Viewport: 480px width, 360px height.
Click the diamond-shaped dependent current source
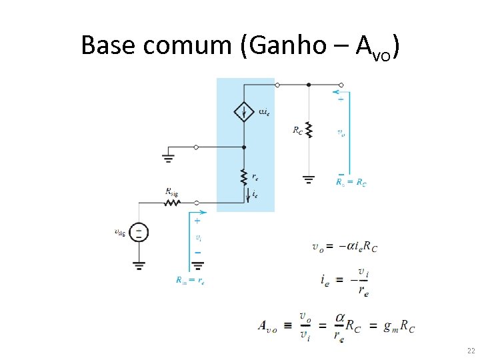(x=244, y=111)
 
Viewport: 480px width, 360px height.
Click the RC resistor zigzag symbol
(x=308, y=129)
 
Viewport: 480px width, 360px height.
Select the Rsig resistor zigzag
(x=173, y=202)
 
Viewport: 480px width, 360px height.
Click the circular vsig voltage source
(x=139, y=232)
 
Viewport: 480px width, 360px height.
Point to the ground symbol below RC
(x=308, y=178)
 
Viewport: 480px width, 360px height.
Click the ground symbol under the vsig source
(x=139, y=265)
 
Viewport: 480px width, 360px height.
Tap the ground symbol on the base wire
(x=168, y=158)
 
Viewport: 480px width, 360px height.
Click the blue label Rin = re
(x=190, y=281)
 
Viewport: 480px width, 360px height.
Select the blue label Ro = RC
(x=351, y=182)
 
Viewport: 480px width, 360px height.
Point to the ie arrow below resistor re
(x=248, y=194)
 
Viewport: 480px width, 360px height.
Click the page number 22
(x=471, y=351)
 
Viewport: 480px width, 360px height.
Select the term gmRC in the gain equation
(x=399, y=326)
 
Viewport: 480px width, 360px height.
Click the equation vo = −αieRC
(x=344, y=246)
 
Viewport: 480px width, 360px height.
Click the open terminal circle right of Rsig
(x=197, y=202)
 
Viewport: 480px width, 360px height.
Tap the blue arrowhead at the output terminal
(x=337, y=92)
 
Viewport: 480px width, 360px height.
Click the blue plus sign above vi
(x=197, y=220)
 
